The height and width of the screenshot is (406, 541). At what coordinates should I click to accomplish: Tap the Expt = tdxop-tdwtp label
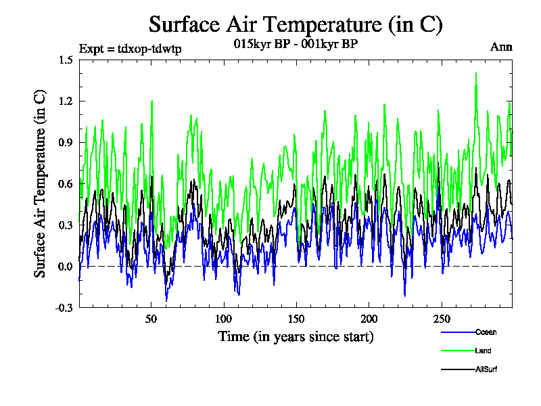131,49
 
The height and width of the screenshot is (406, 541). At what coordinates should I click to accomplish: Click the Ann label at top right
501,47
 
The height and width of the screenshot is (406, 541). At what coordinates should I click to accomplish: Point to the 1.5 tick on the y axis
66,60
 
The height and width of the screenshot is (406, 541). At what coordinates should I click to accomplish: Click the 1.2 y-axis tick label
66,101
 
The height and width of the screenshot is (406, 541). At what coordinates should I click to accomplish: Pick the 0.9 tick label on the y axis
66,142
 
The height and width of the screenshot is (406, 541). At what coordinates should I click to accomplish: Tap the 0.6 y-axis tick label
66,183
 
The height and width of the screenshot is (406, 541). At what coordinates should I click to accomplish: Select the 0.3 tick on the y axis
66,225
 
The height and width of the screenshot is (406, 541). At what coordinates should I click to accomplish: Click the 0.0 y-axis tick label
66,266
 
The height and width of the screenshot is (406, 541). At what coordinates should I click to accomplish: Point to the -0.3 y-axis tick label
64,308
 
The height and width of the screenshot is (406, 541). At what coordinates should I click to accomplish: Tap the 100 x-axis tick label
224,319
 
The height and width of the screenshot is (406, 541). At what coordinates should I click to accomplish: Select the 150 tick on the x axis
296,319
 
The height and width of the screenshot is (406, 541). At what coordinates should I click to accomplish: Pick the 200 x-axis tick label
369,319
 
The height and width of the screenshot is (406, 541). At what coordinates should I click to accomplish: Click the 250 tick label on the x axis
441,319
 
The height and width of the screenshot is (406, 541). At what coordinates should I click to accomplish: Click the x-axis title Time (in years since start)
296,336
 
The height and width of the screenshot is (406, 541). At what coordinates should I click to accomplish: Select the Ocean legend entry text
485,332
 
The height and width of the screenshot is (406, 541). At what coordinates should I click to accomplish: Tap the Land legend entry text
483,351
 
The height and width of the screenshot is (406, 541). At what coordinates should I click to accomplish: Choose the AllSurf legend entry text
486,369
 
